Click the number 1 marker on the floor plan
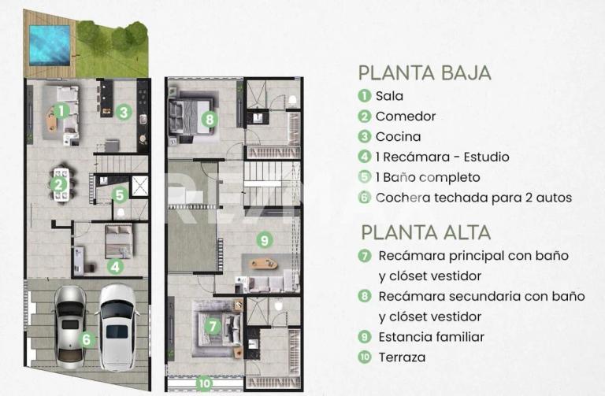[61, 111]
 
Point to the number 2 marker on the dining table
[58, 186]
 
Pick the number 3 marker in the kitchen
[124, 112]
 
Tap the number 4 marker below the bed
[116, 266]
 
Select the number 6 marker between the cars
[87, 340]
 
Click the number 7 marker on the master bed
[212, 326]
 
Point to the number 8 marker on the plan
[209, 120]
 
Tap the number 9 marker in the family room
[265, 240]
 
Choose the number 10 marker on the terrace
[205, 383]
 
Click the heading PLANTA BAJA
[425, 73]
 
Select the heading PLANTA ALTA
[425, 232]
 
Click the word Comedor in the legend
[405, 117]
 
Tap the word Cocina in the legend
[398, 137]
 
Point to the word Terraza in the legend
[402, 357]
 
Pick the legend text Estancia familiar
[431, 337]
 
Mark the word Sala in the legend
[389, 96]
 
